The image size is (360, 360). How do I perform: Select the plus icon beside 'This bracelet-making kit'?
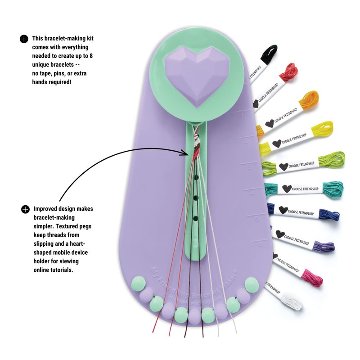pos(24,39)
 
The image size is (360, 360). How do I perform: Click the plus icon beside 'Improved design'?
pos(25,209)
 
